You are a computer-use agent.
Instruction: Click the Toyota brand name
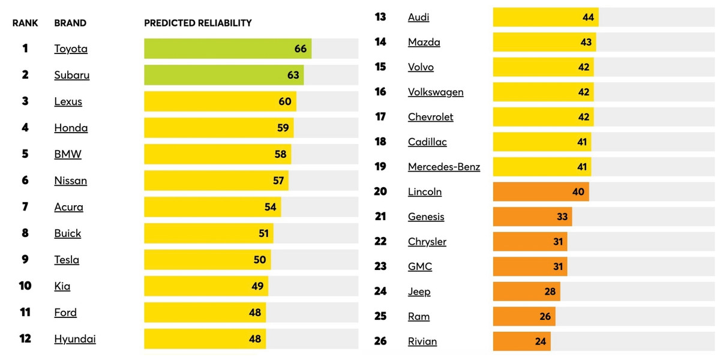point(71,49)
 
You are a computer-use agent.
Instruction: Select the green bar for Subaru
point(223,75)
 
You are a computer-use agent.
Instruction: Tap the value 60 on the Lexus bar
point(285,101)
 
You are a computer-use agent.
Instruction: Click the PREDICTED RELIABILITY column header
point(198,23)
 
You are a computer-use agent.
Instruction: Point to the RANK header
point(25,23)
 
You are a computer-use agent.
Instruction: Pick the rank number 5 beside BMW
point(25,154)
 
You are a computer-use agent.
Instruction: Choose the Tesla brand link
point(67,260)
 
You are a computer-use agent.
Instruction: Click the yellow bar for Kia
point(206,286)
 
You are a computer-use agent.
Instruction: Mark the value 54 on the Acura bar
point(271,207)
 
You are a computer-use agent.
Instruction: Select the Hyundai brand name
point(75,339)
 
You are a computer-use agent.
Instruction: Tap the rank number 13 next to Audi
point(380,17)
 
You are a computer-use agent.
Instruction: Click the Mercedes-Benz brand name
point(444,167)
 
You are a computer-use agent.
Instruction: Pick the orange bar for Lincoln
point(541,192)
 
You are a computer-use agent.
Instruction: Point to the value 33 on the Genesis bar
point(562,217)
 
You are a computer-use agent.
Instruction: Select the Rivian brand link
point(422,341)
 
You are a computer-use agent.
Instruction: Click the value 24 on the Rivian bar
point(541,341)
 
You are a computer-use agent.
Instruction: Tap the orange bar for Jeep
point(526,292)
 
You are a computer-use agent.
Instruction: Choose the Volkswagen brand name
point(436,92)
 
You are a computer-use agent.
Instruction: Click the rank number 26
point(380,341)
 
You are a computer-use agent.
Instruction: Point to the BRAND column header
point(70,23)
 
